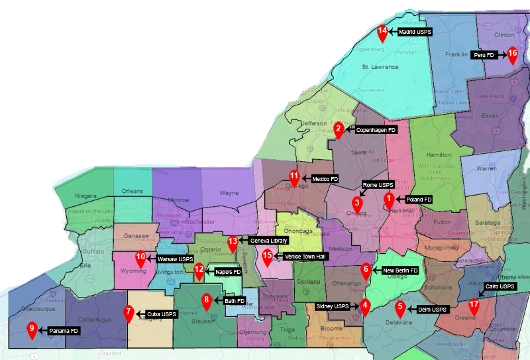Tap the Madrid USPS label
415,31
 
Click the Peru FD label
484,56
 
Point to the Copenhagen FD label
376,130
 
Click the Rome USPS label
378,185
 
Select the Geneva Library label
269,241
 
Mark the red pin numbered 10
140,259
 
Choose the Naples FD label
228,272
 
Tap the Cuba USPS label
162,314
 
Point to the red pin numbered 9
31,330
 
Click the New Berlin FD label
401,270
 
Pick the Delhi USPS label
433,310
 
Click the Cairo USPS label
500,286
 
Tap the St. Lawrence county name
380,67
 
